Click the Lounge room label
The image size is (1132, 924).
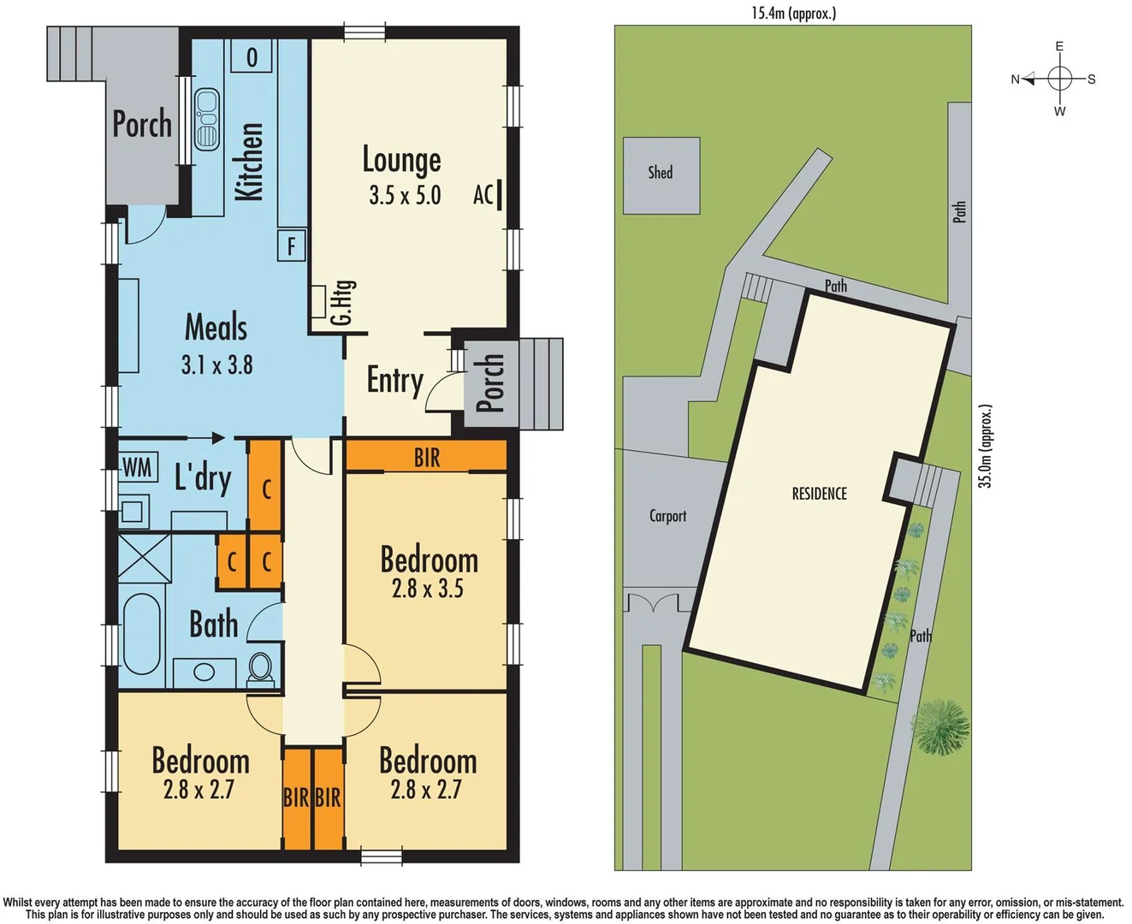[401, 161]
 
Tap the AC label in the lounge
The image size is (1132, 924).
[483, 194]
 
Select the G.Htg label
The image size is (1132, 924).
[341, 302]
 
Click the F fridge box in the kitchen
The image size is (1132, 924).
[291, 246]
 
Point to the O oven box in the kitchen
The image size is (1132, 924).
[252, 57]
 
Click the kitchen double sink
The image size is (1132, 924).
[206, 120]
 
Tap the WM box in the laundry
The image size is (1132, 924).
[137, 467]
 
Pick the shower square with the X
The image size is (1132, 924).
[144, 558]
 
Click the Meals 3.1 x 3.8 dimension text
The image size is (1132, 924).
[216, 365]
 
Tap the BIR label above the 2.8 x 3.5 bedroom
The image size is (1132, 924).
[427, 458]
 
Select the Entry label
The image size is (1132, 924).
[394, 380]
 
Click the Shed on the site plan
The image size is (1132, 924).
[661, 175]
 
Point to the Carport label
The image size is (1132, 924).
[667, 516]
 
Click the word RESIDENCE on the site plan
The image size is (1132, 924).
[819, 494]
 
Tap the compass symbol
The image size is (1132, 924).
[1059, 79]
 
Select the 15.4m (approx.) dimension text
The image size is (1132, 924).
[793, 12]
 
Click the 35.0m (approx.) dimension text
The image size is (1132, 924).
[985, 447]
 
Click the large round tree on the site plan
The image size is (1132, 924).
[940, 727]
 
